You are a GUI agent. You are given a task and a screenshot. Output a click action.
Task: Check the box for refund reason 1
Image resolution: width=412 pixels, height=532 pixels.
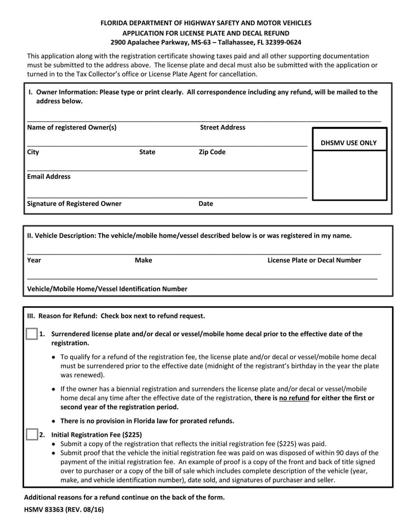coord(31,334)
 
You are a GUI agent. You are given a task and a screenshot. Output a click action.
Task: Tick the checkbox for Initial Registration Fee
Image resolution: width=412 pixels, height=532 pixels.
coord(31,434)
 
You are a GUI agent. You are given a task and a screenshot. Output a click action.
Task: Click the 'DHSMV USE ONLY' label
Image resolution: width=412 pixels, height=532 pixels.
coord(349,143)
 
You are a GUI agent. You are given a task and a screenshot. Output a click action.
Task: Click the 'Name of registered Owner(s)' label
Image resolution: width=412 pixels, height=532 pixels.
coord(72,127)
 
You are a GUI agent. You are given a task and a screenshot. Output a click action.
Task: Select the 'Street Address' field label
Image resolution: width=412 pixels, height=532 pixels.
coord(222,127)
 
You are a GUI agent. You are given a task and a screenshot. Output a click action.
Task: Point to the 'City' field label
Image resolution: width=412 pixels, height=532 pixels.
coord(33,152)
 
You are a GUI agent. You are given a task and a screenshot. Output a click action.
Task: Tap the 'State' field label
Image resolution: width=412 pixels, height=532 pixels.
coord(147,152)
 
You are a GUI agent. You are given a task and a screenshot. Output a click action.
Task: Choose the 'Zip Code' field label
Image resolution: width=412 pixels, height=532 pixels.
coord(212,152)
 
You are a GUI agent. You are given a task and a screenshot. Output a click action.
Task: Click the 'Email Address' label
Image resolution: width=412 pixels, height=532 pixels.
coord(49,177)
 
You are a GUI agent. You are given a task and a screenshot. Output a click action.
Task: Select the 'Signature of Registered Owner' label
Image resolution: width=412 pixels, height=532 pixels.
coord(74,204)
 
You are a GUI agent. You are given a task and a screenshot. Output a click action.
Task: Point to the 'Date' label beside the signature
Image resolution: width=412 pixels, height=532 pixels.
coord(205,204)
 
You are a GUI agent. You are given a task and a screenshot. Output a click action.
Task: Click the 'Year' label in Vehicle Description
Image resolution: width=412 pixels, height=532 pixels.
coord(34,260)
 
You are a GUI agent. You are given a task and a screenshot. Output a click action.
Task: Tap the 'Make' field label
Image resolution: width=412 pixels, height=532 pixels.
coord(143,260)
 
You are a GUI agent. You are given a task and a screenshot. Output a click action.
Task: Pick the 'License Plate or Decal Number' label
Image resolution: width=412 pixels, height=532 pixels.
coord(314,260)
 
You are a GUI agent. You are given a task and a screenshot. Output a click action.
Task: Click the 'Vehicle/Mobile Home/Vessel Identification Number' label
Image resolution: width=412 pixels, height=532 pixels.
coord(107,289)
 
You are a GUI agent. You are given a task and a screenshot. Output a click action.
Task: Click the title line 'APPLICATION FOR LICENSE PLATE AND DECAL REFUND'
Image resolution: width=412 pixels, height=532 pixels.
coord(206,32)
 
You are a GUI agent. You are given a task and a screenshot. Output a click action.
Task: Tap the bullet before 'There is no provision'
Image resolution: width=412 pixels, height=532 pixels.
coord(54,421)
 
